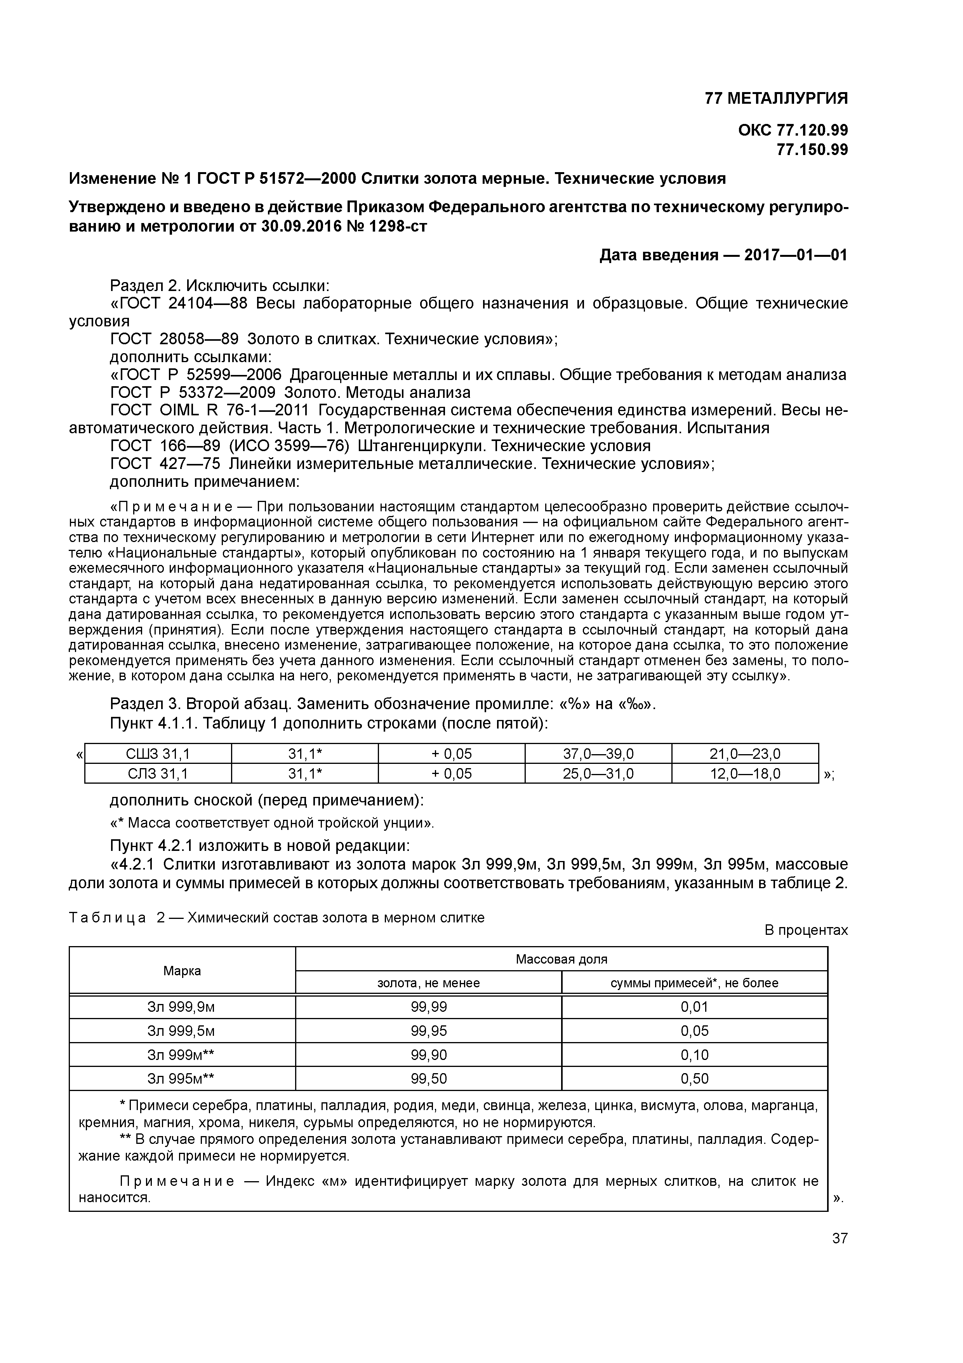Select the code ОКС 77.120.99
click(793, 130)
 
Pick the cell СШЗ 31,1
click(158, 754)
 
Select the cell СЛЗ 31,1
click(158, 774)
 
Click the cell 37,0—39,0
click(598, 754)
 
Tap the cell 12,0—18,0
click(745, 774)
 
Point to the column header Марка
click(182, 971)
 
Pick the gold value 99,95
click(428, 1030)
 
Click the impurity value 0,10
click(694, 1055)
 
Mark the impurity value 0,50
click(694, 1079)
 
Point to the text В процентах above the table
click(806, 930)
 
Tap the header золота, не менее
click(428, 983)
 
